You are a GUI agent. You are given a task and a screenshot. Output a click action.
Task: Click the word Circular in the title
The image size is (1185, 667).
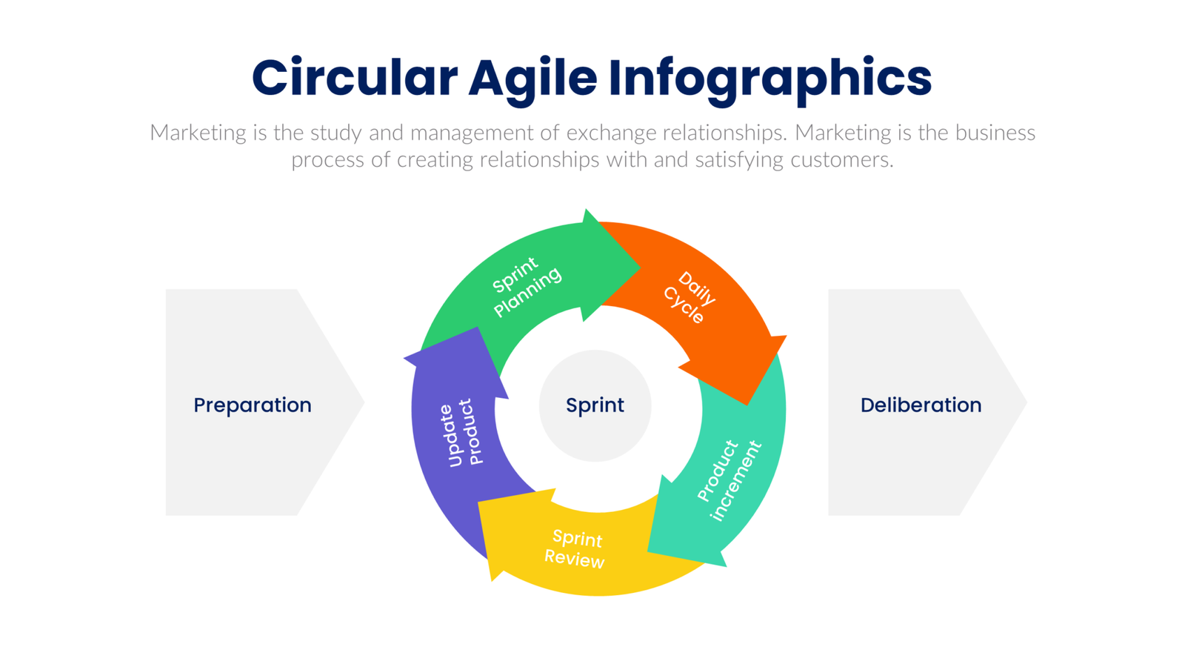point(355,79)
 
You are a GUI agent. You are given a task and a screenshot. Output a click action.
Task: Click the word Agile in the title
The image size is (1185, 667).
point(533,79)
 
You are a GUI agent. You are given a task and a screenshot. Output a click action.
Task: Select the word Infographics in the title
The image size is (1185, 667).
point(770,79)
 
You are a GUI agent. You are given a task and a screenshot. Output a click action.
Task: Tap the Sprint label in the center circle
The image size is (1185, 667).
point(595,405)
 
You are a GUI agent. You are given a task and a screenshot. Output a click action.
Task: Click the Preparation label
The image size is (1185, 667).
point(253,405)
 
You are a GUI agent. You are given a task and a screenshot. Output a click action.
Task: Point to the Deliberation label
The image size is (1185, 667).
point(921,405)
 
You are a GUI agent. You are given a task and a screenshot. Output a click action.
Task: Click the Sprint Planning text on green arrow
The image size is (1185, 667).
point(526,286)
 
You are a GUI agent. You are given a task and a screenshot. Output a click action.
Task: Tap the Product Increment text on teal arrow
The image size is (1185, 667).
point(729,479)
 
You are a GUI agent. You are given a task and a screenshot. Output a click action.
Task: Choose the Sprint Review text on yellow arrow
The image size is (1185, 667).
point(575,549)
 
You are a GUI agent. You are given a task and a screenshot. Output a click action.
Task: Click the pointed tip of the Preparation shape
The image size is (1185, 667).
point(363,402)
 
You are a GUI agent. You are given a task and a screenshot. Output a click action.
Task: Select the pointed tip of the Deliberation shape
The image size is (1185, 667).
point(1026,402)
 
